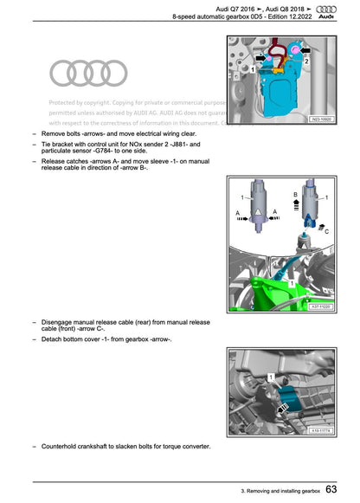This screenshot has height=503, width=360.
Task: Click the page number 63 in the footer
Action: [x=332, y=490]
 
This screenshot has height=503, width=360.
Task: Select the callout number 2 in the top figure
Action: [x=307, y=60]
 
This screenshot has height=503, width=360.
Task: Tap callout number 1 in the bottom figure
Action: [x=271, y=378]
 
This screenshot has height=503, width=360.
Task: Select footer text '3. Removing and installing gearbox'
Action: [x=280, y=492]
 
